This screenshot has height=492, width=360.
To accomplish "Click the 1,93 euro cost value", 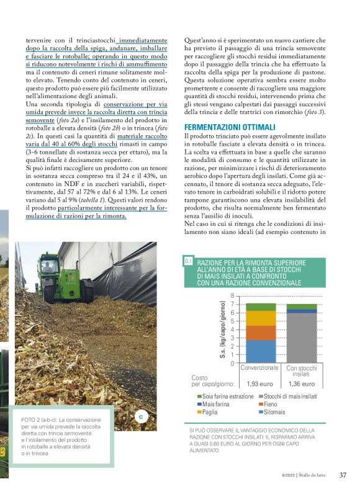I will click(x=261, y=383).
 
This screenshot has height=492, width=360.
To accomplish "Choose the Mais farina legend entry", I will click(x=215, y=404).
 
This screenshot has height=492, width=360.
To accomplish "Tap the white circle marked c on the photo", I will click(x=141, y=416).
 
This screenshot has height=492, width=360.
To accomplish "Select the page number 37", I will click(x=343, y=476).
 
